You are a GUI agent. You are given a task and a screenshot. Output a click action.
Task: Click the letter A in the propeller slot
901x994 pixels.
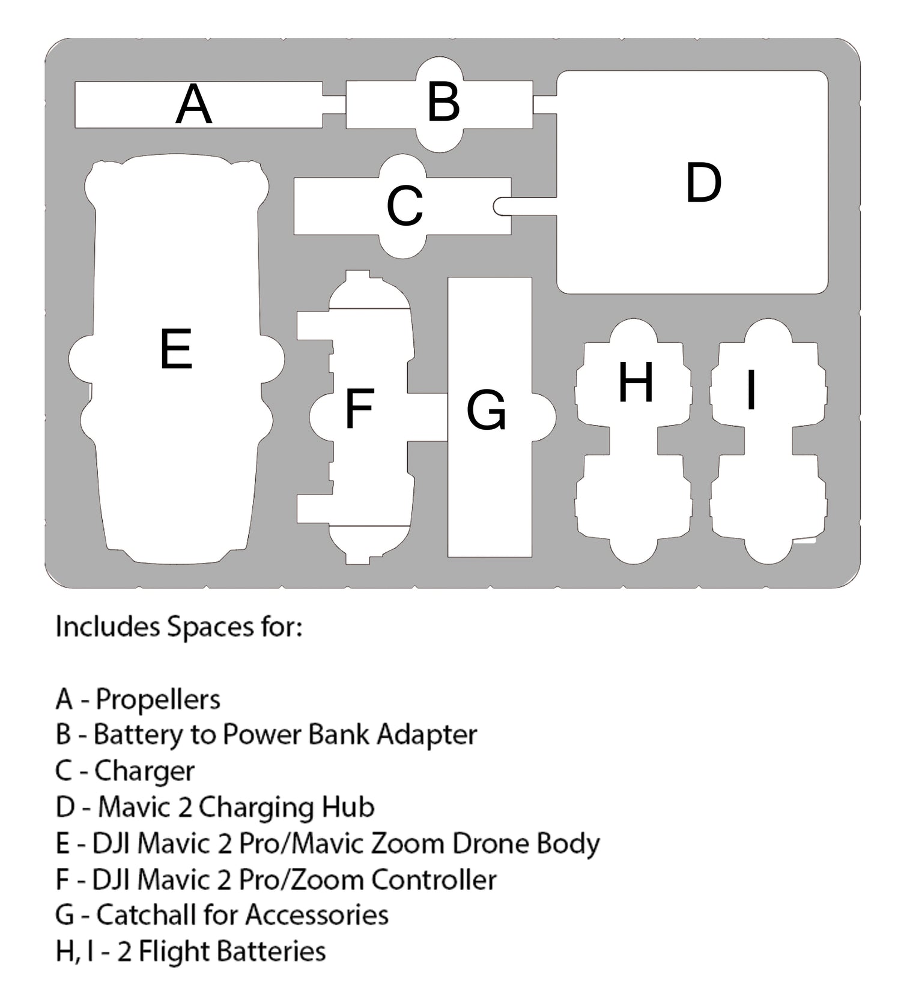pos(193,105)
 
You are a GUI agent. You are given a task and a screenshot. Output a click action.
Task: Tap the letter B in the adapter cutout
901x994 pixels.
pos(444,102)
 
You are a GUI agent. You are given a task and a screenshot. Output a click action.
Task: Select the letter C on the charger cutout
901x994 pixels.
pos(405,206)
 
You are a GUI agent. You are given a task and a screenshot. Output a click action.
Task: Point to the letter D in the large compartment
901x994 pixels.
pos(703,182)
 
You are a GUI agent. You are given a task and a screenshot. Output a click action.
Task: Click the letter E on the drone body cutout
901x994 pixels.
pos(176,349)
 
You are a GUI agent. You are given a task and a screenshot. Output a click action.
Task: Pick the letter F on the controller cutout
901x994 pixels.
pos(359,408)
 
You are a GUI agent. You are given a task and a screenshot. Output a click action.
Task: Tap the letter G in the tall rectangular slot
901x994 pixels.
pos(487,411)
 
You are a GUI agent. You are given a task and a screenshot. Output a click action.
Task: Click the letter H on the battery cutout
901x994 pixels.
pos(636,382)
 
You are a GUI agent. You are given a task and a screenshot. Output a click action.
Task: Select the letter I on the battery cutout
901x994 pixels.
pos(751,390)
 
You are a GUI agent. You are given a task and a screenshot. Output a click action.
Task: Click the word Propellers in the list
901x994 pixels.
pos(158,699)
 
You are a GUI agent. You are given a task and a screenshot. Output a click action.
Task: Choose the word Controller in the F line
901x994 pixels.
pos(434,879)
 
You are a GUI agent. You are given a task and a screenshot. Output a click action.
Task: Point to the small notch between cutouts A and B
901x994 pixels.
pos(334,104)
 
